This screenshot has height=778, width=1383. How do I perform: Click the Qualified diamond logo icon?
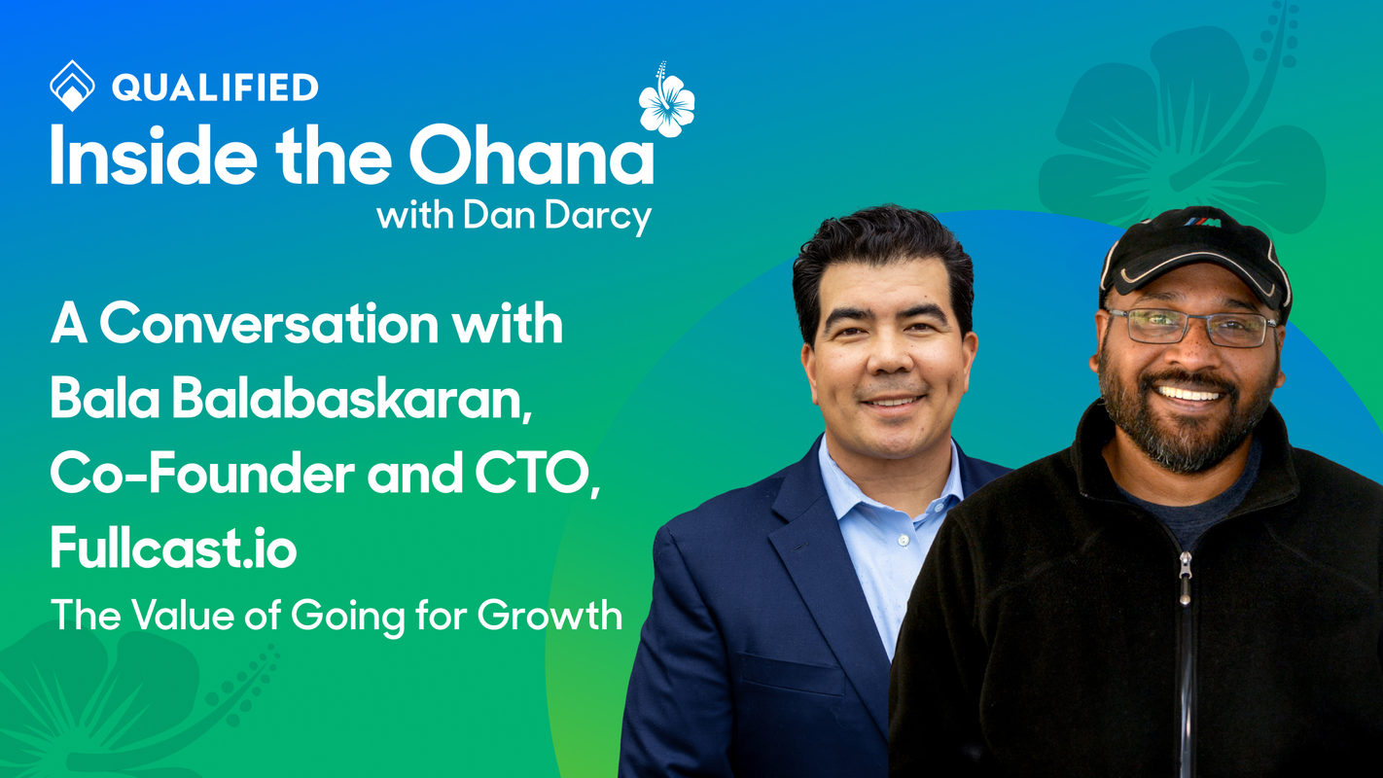click(72, 86)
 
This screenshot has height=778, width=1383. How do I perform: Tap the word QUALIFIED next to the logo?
click(215, 88)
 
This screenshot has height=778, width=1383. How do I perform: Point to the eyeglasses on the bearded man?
click(1191, 327)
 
